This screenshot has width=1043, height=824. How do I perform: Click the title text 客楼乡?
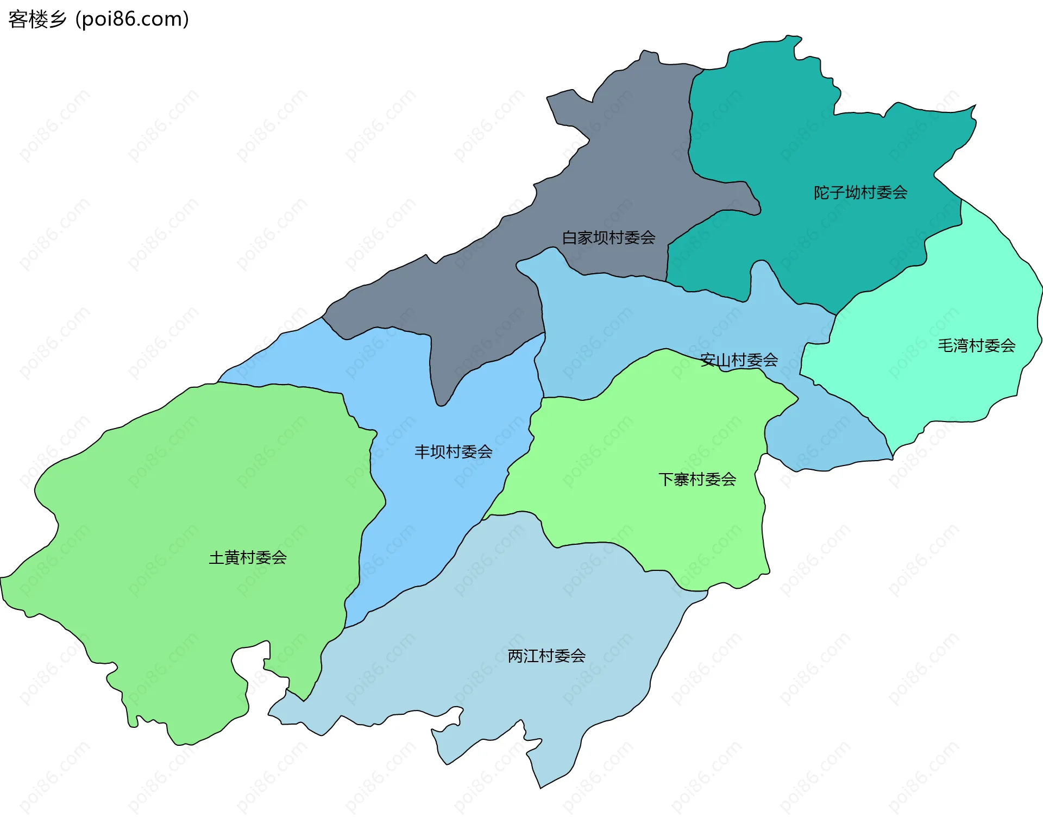[x=37, y=20]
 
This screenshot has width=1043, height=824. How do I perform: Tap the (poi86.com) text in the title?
[x=132, y=20]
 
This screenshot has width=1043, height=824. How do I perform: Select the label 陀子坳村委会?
[x=860, y=192]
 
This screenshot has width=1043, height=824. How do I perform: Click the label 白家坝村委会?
[x=608, y=237]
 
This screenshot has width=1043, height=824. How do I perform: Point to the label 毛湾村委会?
[x=976, y=345]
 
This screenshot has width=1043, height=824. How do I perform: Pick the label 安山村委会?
[x=739, y=360]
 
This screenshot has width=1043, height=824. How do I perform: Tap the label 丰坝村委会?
[x=453, y=451]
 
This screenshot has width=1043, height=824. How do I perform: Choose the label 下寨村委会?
[x=697, y=479]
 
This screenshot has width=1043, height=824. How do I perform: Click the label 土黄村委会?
[x=248, y=557]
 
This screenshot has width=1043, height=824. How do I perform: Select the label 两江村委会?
[x=546, y=656]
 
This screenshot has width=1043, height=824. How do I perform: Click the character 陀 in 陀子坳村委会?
[x=821, y=192]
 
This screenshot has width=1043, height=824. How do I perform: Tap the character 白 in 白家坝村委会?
[x=569, y=237]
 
